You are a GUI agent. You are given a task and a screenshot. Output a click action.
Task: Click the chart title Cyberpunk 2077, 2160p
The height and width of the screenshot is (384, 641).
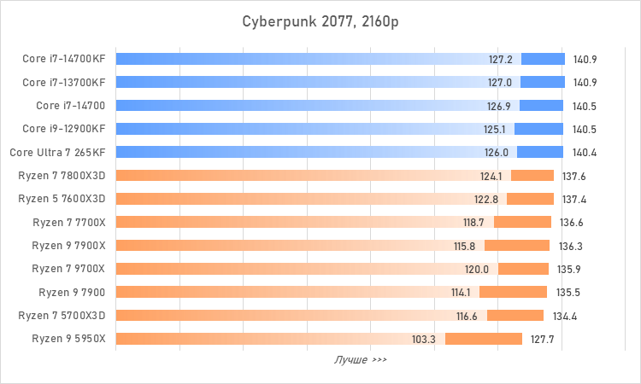click(x=320, y=20)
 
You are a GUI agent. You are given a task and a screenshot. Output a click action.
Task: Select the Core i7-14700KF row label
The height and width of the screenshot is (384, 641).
click(x=63, y=59)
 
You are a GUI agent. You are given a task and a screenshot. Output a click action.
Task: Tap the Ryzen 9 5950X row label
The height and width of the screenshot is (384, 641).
click(x=68, y=338)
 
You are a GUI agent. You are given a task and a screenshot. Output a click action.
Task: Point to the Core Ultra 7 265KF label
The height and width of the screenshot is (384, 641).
click(x=57, y=152)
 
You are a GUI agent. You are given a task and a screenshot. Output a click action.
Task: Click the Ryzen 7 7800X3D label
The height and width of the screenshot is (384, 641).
click(x=62, y=176)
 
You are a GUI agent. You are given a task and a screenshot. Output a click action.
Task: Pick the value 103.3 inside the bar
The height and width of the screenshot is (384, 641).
click(x=424, y=339)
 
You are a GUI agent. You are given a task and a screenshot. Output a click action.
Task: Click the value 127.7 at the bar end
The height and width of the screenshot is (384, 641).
click(x=543, y=339)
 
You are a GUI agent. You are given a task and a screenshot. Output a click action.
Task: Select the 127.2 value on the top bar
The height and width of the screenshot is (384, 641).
click(x=501, y=60)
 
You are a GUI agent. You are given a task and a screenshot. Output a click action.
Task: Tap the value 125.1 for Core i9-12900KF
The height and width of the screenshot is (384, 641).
click(x=495, y=130)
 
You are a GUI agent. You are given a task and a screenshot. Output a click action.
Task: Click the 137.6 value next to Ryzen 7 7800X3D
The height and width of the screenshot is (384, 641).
click(x=574, y=177)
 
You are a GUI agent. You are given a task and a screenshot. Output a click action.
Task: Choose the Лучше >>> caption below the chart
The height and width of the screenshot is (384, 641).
click(x=360, y=360)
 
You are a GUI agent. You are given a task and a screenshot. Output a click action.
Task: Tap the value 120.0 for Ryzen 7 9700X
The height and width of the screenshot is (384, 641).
click(x=476, y=270)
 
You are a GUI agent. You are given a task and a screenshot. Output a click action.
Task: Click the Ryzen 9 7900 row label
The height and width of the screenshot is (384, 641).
click(x=72, y=292)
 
